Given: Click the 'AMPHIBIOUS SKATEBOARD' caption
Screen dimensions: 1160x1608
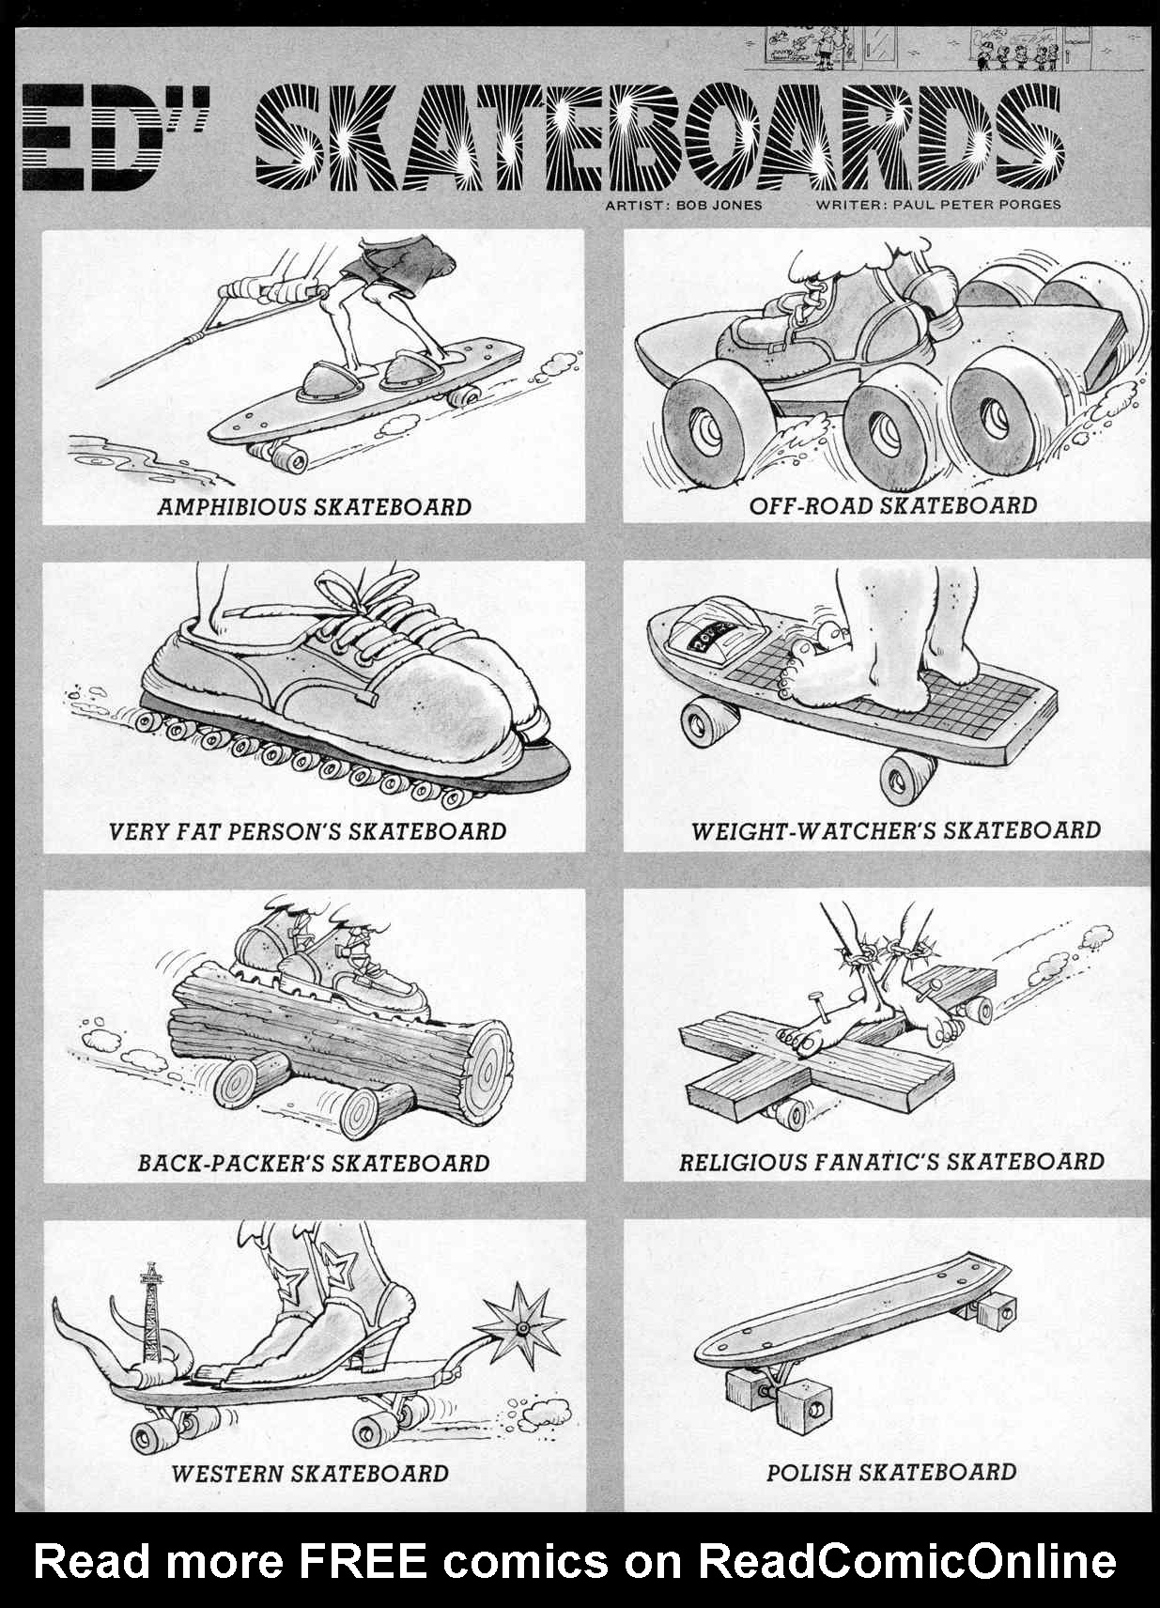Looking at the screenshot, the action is point(315,507).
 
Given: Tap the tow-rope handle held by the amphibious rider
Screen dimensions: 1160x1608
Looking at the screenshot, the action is point(276,291).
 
